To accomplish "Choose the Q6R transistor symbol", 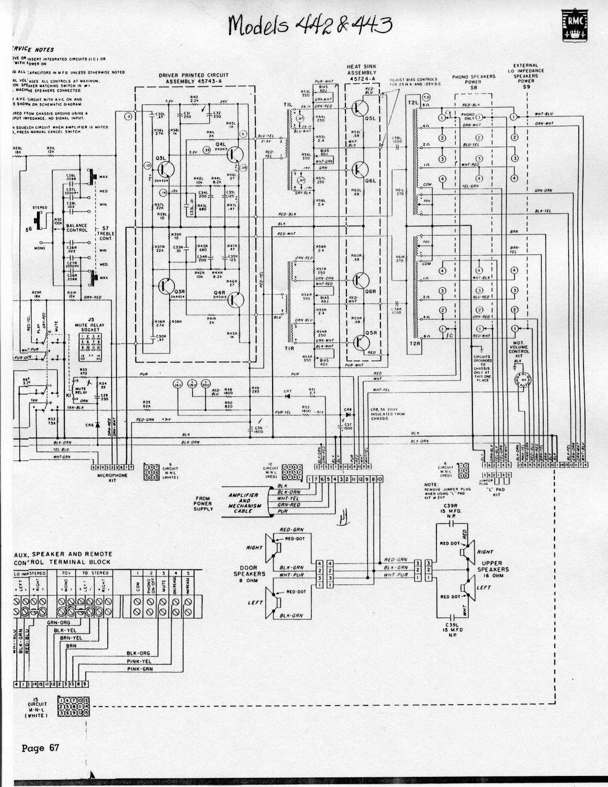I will click(x=359, y=280).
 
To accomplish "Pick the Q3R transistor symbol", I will click(x=166, y=286).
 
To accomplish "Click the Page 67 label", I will click(x=40, y=748).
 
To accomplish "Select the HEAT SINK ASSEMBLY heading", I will click(x=362, y=72).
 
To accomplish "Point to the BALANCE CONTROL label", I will click(x=77, y=227).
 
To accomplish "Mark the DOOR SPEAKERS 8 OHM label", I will click(x=249, y=573).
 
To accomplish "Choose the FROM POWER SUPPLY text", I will click(x=203, y=504).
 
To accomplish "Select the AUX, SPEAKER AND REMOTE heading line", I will click(x=63, y=554).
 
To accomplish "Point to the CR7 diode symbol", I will click(x=287, y=395).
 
